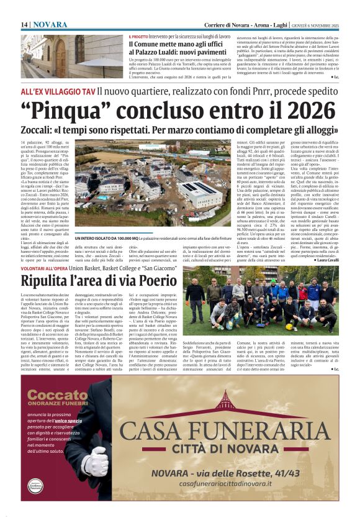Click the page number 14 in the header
25,24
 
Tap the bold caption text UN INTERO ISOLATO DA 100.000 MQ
106,238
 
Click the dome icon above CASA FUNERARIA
223,402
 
